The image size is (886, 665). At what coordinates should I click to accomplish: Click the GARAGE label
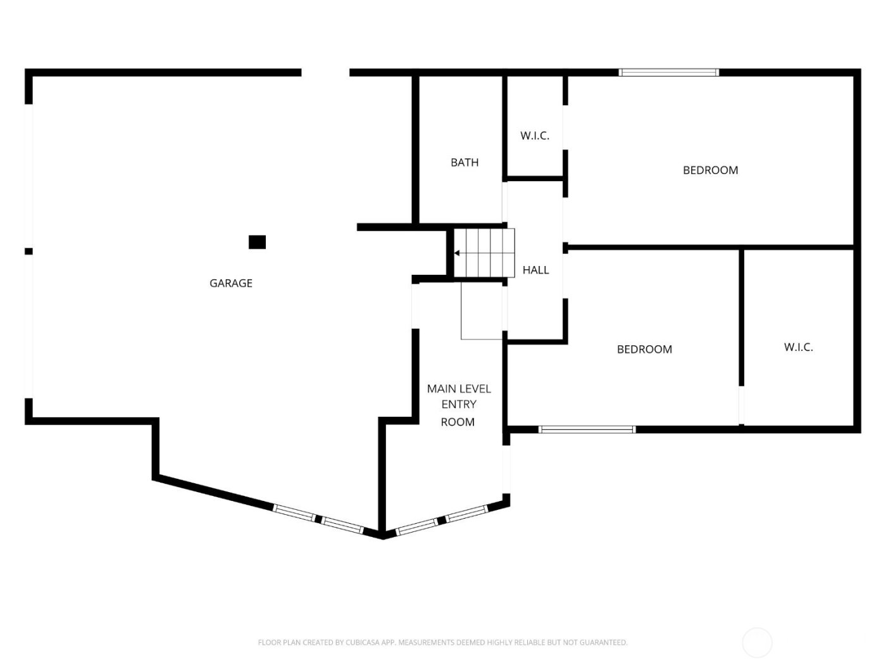[230, 283]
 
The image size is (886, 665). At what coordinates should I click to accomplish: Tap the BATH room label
[464, 163]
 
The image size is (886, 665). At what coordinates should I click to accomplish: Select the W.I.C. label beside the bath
[534, 136]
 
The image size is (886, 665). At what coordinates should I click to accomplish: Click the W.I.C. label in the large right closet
[798, 347]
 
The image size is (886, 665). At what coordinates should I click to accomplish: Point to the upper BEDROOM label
[710, 170]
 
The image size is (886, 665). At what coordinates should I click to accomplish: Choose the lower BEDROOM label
[644, 349]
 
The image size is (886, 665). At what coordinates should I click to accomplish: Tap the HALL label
[535, 270]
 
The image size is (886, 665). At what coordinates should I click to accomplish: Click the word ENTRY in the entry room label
[459, 405]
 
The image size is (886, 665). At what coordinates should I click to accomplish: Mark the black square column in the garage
[257, 242]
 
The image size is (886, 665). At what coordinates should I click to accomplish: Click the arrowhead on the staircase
[457, 253]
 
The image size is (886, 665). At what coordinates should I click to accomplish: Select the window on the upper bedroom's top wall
[668, 73]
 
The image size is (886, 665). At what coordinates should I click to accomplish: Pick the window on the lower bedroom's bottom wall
[587, 429]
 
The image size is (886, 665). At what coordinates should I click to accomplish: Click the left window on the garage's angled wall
[294, 512]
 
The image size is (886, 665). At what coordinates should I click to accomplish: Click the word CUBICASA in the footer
[363, 643]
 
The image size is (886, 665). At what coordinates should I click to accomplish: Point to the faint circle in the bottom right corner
[757, 643]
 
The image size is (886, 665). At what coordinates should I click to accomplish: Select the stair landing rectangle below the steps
[482, 310]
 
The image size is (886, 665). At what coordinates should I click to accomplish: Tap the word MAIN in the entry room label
[441, 388]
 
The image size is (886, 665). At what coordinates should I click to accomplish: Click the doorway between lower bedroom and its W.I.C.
[741, 405]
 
